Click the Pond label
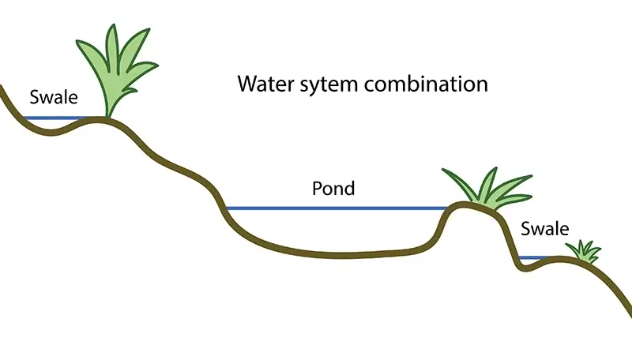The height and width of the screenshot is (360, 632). [x=333, y=189]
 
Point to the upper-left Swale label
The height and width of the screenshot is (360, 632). [x=54, y=98]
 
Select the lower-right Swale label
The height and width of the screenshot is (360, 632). [x=545, y=229]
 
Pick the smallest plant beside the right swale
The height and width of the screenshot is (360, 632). [x=584, y=252]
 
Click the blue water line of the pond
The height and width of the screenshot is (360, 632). [x=336, y=208]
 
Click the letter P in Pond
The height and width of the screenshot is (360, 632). [x=317, y=189]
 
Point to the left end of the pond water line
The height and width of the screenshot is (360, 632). [x=228, y=208]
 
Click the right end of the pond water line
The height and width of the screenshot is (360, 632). [x=447, y=208]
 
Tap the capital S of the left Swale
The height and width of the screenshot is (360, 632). [x=34, y=98]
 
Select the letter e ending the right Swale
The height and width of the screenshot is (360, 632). [x=563, y=230]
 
